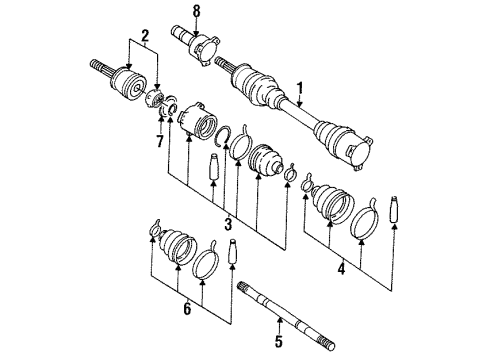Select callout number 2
point(145,35)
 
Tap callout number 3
point(228,224)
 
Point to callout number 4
point(341,269)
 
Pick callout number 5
point(279,341)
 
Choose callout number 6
point(187,308)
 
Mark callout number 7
point(160,141)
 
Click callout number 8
point(197,11)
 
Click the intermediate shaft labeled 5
point(287,315)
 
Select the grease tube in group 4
point(394,209)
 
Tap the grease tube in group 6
point(232,251)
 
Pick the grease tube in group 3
point(213,166)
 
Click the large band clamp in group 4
point(364,220)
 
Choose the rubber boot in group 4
point(332,203)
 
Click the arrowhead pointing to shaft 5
point(280,321)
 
